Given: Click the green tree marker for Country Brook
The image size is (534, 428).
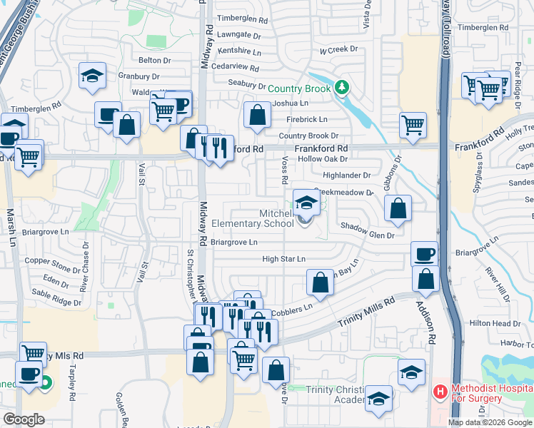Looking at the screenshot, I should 343,87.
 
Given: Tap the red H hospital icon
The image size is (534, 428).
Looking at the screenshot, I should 440,392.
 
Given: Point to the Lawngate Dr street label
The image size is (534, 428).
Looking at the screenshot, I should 239,34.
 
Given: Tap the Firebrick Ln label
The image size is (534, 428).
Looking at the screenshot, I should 307,119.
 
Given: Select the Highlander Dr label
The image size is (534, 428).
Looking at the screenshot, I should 347,175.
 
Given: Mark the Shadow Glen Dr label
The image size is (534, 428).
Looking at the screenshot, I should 367,235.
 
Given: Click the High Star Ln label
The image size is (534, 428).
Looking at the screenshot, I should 283,259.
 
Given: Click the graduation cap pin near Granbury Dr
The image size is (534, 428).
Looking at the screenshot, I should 92,77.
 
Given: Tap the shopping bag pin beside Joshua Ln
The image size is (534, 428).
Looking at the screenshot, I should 257,114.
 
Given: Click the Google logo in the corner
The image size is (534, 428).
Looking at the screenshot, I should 24,419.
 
